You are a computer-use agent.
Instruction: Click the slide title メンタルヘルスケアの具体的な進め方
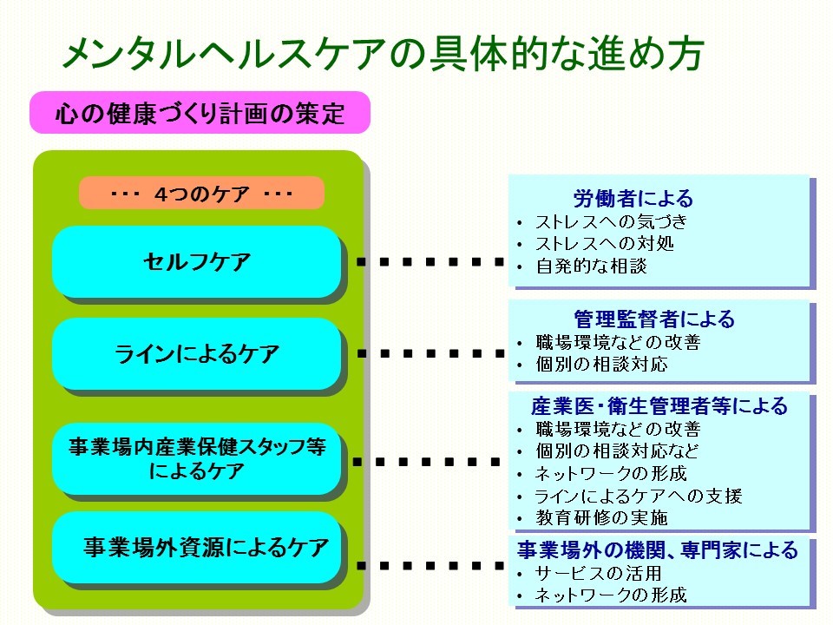(x=383, y=53)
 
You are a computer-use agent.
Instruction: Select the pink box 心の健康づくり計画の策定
(x=200, y=112)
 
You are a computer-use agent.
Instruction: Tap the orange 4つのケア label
(x=201, y=193)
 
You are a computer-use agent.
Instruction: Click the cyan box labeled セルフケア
(x=197, y=261)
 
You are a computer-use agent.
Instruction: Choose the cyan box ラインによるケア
(x=197, y=353)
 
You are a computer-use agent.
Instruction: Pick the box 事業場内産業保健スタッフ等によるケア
(x=197, y=458)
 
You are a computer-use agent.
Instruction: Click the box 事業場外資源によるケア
(x=197, y=548)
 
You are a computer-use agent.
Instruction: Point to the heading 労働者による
(x=633, y=198)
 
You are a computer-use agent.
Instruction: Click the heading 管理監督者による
(x=654, y=319)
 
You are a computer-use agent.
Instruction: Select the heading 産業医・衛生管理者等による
(x=659, y=405)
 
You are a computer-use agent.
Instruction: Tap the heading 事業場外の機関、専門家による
(x=658, y=549)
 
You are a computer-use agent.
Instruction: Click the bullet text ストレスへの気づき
(x=612, y=221)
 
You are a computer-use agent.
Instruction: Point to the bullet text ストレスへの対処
(x=605, y=243)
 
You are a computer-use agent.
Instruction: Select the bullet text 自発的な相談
(x=591, y=266)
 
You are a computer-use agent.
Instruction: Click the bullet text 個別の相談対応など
(x=617, y=451)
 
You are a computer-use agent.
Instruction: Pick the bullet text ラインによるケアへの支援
(x=638, y=496)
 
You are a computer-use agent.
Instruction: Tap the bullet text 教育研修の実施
(x=601, y=517)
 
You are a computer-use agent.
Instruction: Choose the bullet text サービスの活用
(x=598, y=573)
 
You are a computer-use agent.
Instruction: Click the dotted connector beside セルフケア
(x=430, y=261)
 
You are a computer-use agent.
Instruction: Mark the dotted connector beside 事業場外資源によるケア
(x=430, y=565)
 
